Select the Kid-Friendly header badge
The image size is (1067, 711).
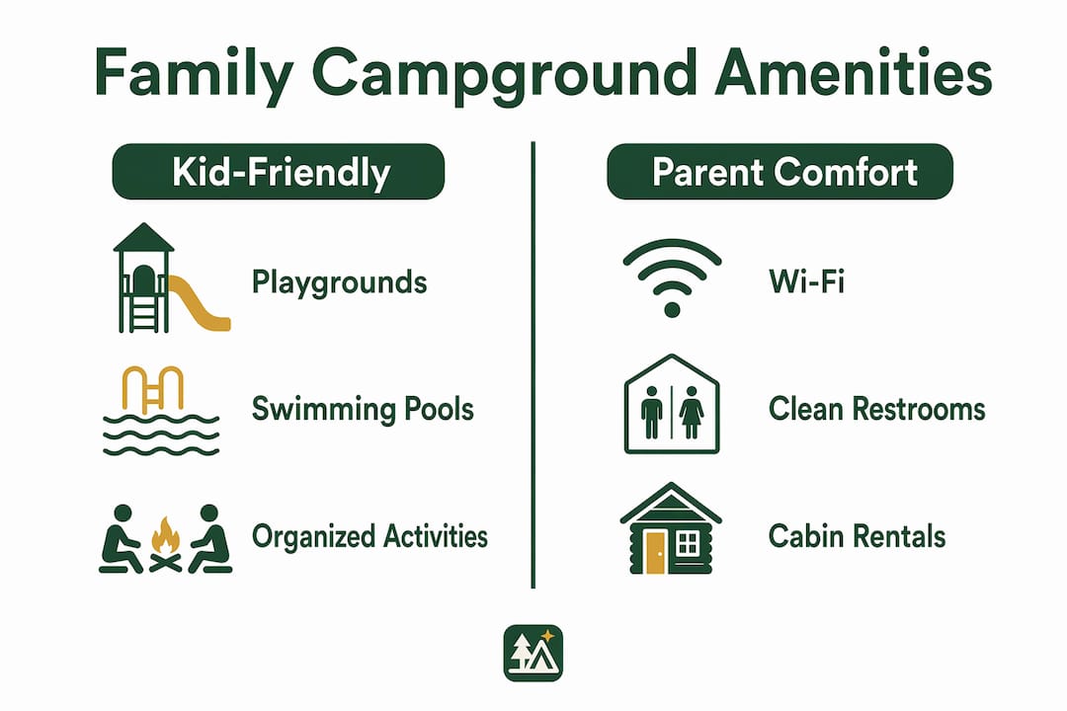point(279,172)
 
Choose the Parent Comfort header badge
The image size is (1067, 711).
point(780,172)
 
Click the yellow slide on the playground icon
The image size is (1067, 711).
point(198,305)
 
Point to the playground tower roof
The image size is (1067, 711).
point(143,237)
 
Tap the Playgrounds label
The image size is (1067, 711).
point(339,282)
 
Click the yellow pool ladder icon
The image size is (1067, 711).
point(153,389)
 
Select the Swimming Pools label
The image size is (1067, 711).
point(363,410)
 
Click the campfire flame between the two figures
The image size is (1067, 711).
point(165,536)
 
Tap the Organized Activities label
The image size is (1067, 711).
point(369,537)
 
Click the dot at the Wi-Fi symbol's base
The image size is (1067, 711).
point(673,310)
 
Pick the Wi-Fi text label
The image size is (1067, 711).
point(807,281)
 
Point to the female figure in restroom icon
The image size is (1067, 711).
point(692,413)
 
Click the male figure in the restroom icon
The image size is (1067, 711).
point(652,413)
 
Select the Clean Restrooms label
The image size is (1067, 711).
point(877,410)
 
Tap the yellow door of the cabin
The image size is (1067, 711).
point(656,552)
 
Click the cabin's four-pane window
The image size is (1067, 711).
point(688,544)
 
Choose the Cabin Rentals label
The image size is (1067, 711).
point(857,536)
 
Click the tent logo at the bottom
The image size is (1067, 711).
point(533,653)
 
